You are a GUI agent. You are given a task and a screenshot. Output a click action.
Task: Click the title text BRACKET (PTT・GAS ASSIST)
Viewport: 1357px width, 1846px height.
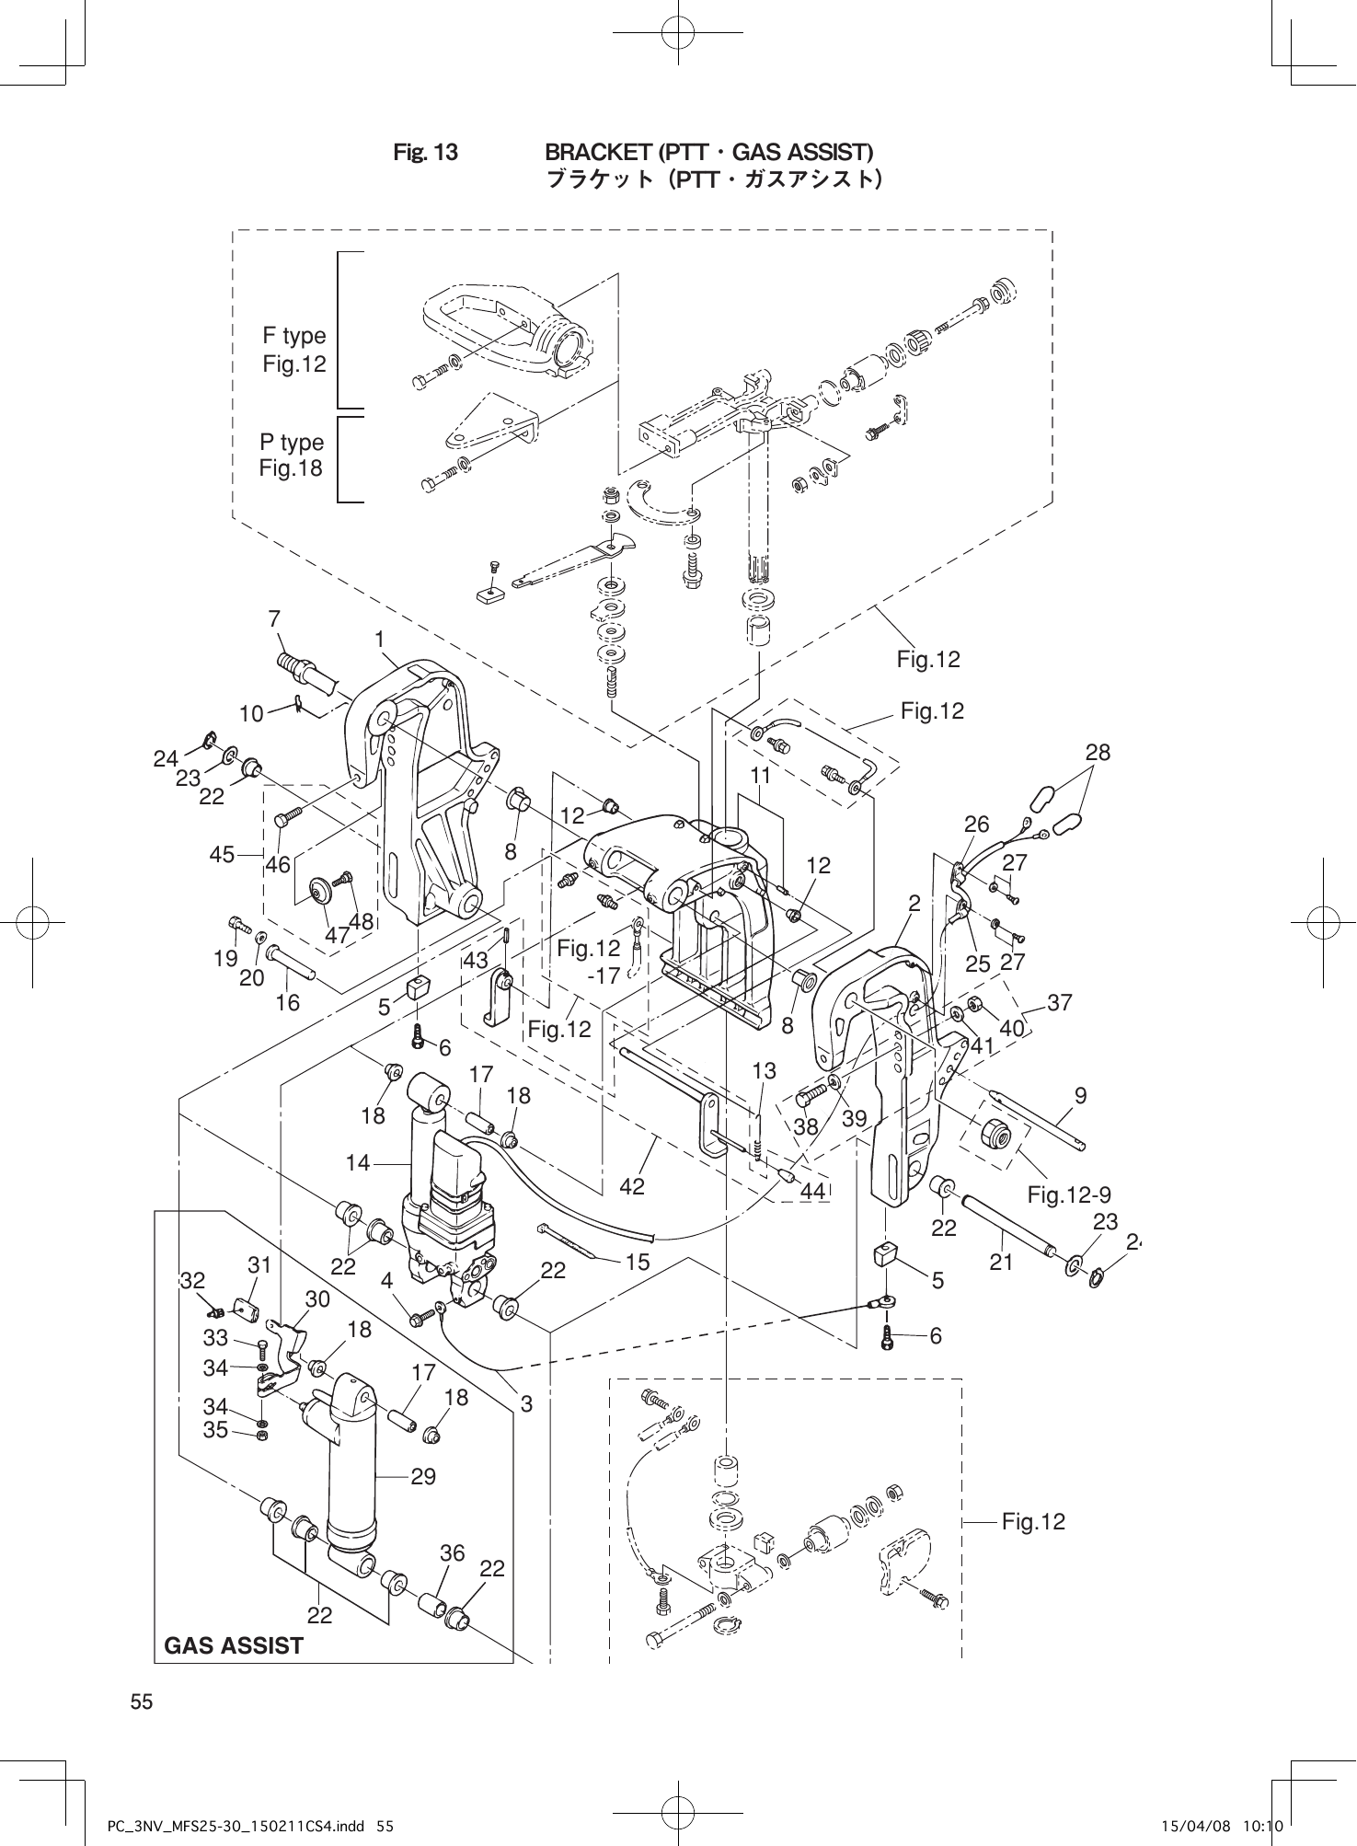[x=709, y=151]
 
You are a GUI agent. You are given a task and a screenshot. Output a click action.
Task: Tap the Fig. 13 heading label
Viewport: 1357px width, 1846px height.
[x=425, y=152]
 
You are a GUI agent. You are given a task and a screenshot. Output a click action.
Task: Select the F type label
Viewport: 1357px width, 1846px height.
[x=294, y=336]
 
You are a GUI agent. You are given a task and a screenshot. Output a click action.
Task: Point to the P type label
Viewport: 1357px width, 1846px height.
[x=292, y=443]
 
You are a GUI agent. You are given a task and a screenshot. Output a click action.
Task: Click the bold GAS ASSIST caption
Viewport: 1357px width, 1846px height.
[x=234, y=1646]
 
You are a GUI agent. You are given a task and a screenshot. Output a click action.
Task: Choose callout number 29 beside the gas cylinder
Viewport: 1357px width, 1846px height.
[x=423, y=1477]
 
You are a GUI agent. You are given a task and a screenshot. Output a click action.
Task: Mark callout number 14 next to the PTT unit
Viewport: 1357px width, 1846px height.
[x=358, y=1163]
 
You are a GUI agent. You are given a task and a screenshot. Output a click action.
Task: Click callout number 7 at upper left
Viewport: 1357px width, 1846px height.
[x=274, y=620]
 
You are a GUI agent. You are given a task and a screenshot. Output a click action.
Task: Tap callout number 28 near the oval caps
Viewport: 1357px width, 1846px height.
[x=1098, y=752]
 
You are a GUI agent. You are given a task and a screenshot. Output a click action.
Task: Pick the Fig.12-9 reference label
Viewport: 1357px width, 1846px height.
[x=1069, y=1195]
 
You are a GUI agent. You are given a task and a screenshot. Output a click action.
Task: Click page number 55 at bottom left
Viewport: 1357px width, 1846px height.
[x=141, y=1702]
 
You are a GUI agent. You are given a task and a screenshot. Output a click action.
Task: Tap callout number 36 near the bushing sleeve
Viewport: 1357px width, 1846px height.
[x=452, y=1553]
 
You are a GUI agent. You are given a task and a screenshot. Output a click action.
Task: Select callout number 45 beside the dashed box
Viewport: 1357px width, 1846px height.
[x=222, y=855]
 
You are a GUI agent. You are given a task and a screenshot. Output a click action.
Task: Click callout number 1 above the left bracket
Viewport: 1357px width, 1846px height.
[x=378, y=638]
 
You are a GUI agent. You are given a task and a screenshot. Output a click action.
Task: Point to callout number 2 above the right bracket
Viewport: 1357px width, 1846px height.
[x=914, y=904]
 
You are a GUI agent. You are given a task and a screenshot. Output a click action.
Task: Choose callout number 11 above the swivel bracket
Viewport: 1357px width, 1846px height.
[x=759, y=776]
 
